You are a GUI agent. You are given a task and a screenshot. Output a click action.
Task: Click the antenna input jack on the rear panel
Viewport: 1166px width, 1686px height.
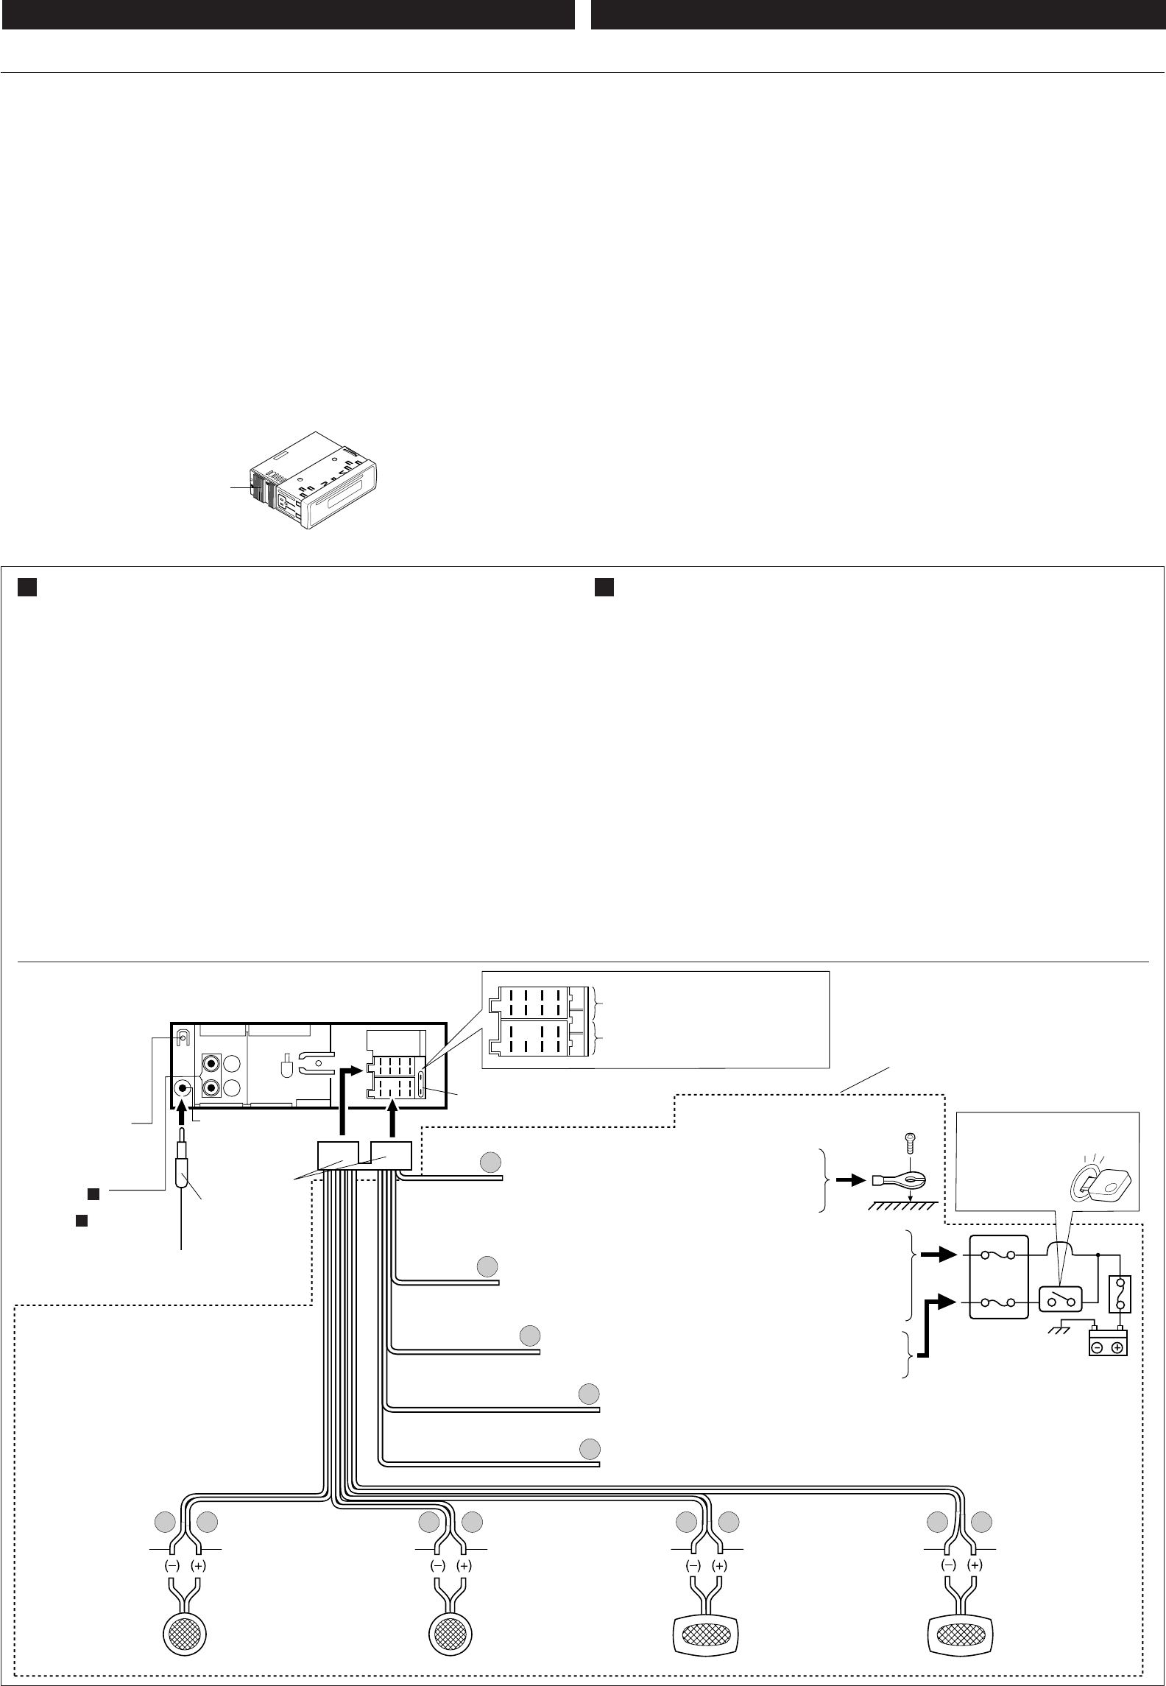pos(182,1090)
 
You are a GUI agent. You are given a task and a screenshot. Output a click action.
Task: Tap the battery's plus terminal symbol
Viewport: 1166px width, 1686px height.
pos(1117,1348)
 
